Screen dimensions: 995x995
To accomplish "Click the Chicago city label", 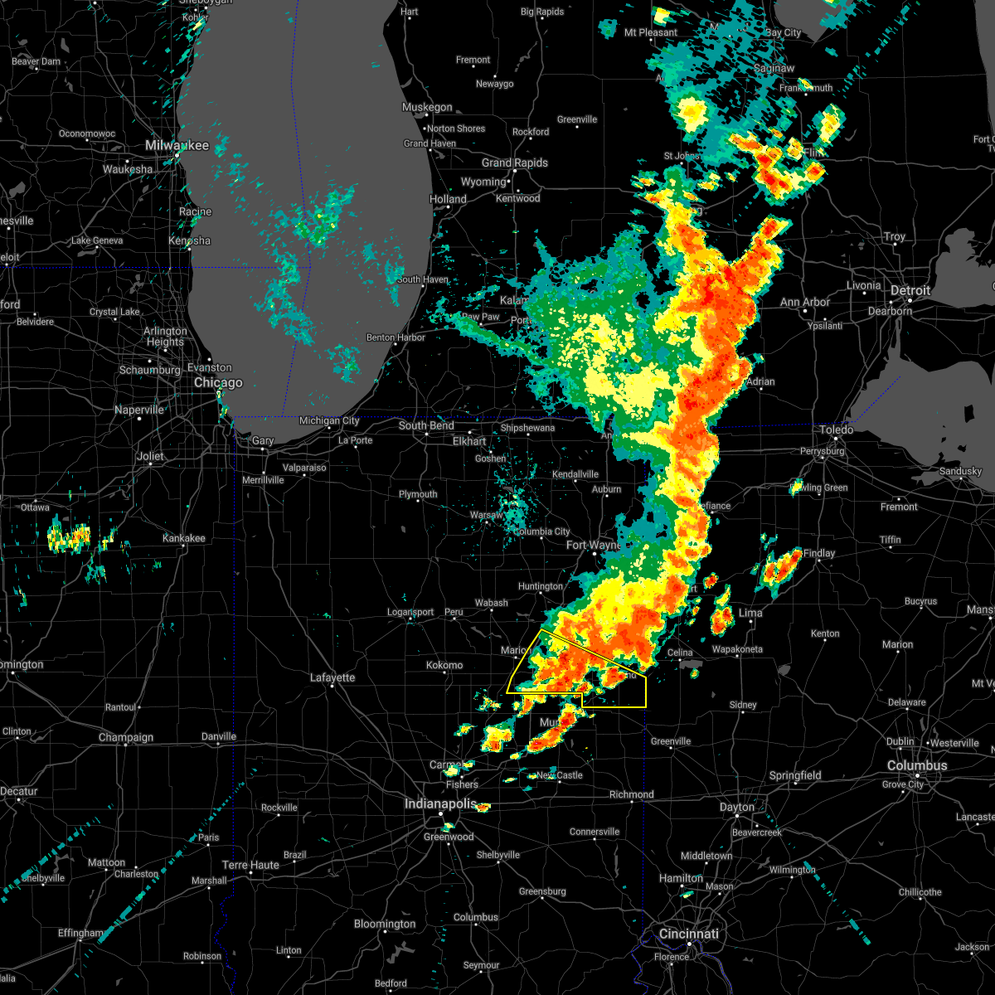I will pos(218,382).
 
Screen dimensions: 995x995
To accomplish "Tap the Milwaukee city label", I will pos(177,145).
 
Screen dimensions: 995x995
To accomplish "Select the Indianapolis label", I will pos(440,803).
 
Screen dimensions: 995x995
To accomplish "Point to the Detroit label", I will pos(910,291).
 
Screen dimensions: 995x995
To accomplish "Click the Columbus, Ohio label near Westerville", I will pos(916,765).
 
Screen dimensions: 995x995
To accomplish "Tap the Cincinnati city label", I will pos(689,934).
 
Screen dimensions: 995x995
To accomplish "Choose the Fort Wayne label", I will pos(592,545).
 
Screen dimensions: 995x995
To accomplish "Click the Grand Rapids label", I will pos(514,163).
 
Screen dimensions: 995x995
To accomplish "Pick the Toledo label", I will pos(837,430).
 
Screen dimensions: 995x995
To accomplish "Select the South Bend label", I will pos(426,425).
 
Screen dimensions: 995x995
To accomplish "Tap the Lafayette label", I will pos(332,677).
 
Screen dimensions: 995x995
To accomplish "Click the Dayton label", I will pos(736,807).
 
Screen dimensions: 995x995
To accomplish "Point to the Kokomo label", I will pos(444,665).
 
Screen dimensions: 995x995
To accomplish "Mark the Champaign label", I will pos(126,737).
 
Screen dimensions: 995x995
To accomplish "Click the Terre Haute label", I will pos(250,865).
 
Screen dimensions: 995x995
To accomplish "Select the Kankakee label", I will pos(183,538).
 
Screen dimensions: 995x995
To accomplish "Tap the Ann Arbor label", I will pos(804,303).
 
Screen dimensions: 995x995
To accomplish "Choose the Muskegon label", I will pos(427,107).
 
